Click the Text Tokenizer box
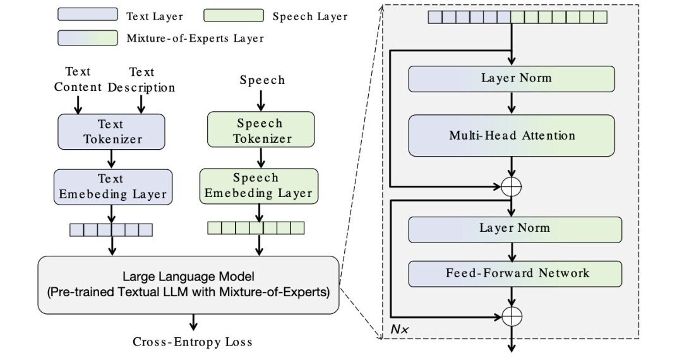point(111,131)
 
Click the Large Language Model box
point(188,284)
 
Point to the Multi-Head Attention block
point(512,135)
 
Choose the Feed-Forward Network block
point(516,273)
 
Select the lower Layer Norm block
point(515,228)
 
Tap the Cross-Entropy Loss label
point(192,342)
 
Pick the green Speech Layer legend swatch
point(234,15)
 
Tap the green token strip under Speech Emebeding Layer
point(256,227)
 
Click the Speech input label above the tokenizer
point(262,80)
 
